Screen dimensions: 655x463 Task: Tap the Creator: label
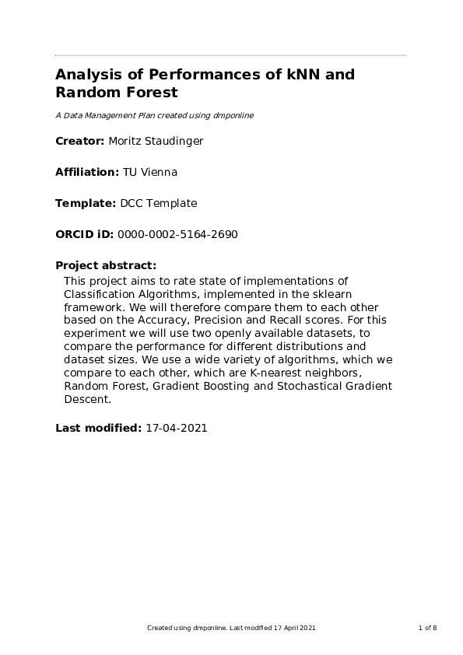80,141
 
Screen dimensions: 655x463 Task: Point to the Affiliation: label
87,172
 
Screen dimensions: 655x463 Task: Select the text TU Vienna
144,172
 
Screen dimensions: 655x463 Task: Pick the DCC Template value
159,203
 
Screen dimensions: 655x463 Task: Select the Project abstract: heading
106,265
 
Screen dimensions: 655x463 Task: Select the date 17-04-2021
177,428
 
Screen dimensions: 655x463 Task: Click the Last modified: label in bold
98,428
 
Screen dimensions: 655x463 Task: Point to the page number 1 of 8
427,627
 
